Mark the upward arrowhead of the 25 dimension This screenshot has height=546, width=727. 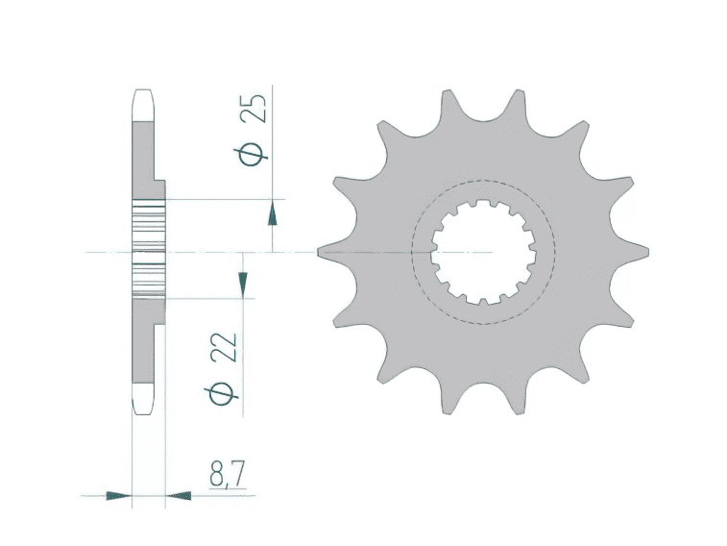[274, 211]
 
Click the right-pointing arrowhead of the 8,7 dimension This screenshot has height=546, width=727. [119, 496]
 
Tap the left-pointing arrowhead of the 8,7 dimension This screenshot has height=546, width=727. [179, 496]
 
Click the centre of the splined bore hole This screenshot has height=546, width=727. [482, 252]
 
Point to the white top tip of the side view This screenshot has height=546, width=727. [142, 104]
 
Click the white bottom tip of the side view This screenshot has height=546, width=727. [142, 401]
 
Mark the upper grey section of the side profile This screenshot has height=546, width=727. [142, 154]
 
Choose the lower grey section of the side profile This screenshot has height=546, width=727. [142, 346]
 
